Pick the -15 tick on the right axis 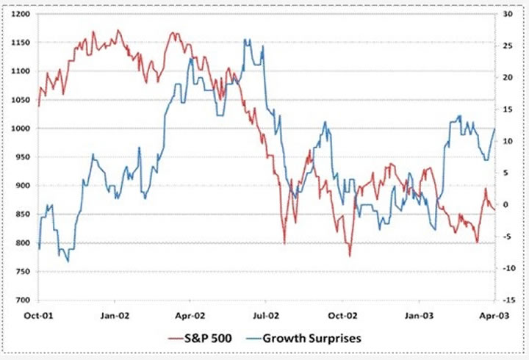click(x=508, y=300)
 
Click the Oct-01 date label click(x=39, y=314)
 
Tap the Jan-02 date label click(x=115, y=314)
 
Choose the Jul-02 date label click(x=265, y=314)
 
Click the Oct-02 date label click(x=341, y=314)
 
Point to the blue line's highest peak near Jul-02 click(x=247, y=40)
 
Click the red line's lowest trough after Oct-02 click(x=350, y=256)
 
